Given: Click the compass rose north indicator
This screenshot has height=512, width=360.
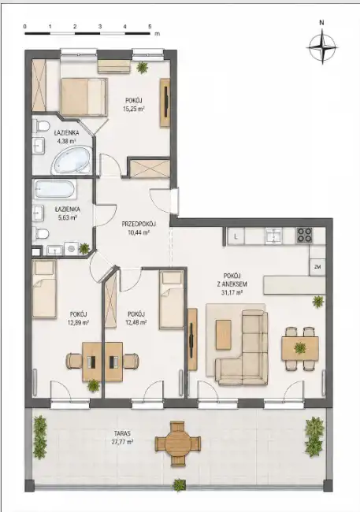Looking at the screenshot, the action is pyautogui.click(x=321, y=23).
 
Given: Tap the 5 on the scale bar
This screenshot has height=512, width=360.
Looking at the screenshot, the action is pyautogui.click(x=150, y=27).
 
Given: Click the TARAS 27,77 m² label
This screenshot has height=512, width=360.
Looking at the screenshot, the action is pyautogui.click(x=123, y=438).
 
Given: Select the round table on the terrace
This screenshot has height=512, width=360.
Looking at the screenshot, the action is pyautogui.click(x=177, y=443).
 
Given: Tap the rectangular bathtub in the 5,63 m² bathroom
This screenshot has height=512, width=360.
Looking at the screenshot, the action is pyautogui.click(x=55, y=189).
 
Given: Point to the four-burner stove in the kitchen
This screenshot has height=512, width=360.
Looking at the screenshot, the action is pyautogui.click(x=305, y=235).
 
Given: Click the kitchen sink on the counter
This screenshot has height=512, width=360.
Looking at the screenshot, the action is pyautogui.click(x=272, y=235).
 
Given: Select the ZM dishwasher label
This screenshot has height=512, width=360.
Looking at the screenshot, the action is pyautogui.click(x=317, y=267).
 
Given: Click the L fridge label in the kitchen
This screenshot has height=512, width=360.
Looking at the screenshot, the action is pyautogui.click(x=236, y=237).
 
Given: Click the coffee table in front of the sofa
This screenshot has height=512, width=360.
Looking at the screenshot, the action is pyautogui.click(x=224, y=335).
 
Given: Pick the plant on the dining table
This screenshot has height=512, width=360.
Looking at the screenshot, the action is pyautogui.click(x=300, y=348).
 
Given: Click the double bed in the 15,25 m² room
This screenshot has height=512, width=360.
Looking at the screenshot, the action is pyautogui.click(x=84, y=97).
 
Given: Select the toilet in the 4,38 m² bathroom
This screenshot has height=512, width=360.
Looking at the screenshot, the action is pyautogui.click(x=40, y=126).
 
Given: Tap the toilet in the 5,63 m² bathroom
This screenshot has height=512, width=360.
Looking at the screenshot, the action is pyautogui.click(x=41, y=234).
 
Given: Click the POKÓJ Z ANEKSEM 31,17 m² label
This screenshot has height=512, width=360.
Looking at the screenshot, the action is pyautogui.click(x=232, y=284).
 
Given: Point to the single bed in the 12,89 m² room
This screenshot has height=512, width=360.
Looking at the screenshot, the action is pyautogui.click(x=44, y=289).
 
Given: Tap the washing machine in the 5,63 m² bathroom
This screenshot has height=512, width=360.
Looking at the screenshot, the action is pyautogui.click(x=71, y=248).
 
